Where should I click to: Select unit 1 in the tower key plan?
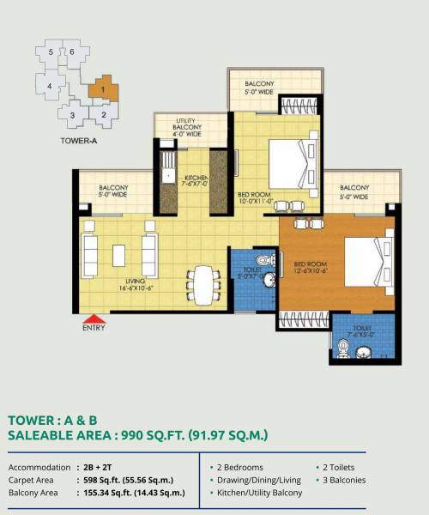(x=104, y=88)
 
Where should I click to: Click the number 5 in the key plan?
(x=51, y=53)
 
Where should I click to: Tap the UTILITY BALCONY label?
(x=188, y=127)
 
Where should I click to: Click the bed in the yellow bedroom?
(x=287, y=162)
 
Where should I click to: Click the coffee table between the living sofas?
(x=118, y=255)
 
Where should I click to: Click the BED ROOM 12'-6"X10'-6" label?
(x=313, y=268)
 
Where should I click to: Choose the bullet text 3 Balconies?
(x=345, y=480)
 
